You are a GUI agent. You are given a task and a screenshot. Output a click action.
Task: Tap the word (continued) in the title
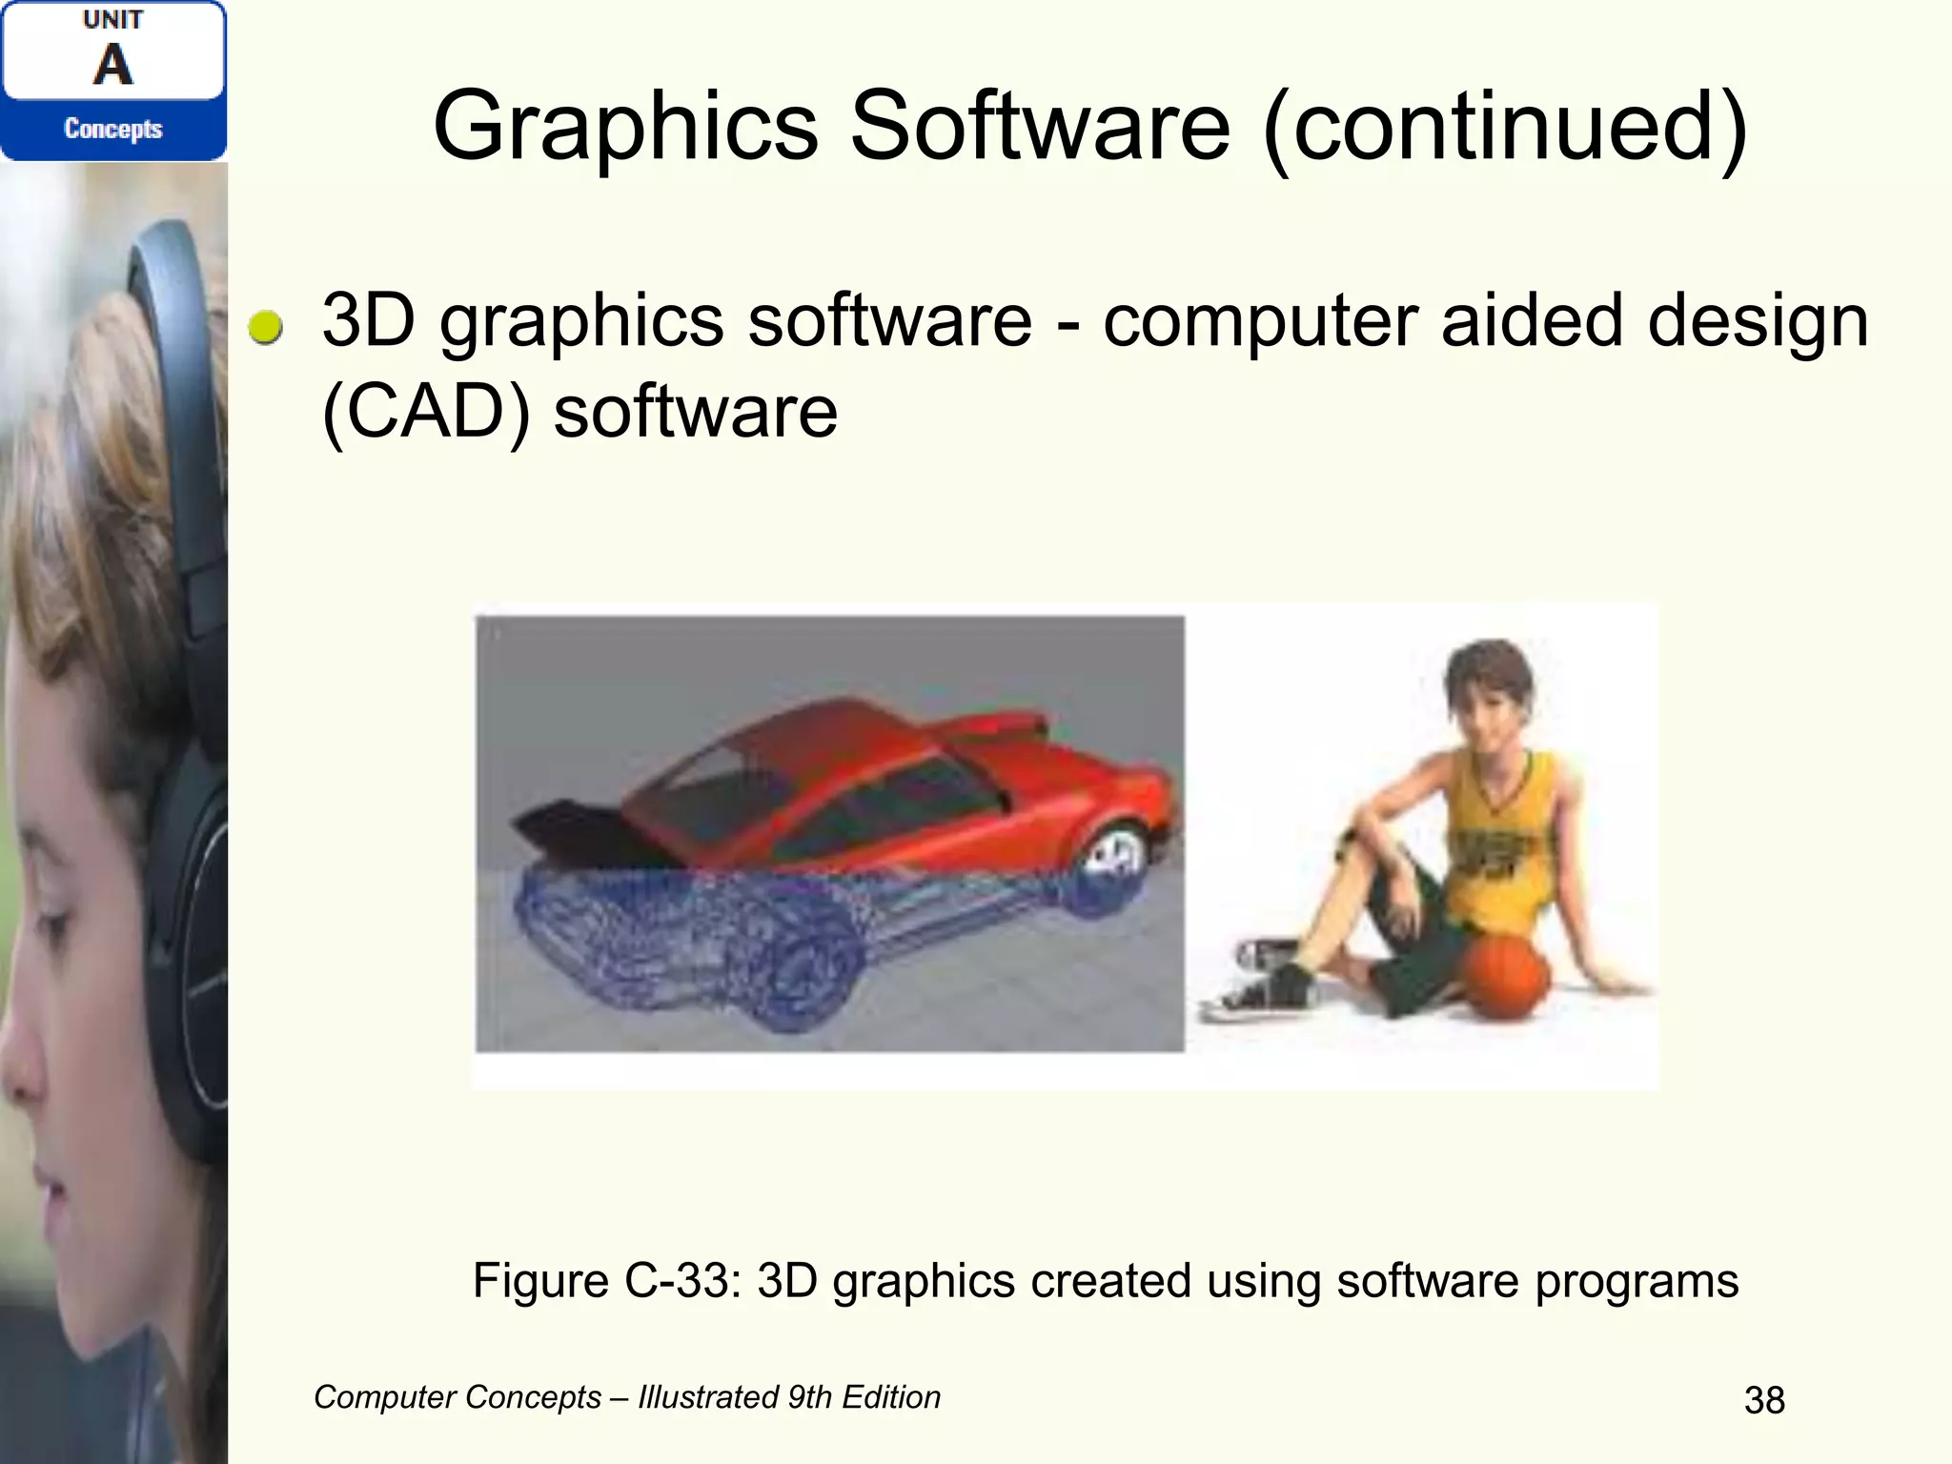(1506, 127)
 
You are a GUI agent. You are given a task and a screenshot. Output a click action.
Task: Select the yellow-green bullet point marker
(265, 327)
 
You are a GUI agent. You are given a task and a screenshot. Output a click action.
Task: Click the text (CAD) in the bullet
(426, 412)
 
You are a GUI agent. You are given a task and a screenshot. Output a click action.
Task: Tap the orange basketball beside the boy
(1505, 976)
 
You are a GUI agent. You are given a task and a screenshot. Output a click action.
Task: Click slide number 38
(1764, 1400)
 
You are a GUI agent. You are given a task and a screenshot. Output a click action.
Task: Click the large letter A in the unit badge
(112, 66)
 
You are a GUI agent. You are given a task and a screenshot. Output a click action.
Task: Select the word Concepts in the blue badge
(112, 129)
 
